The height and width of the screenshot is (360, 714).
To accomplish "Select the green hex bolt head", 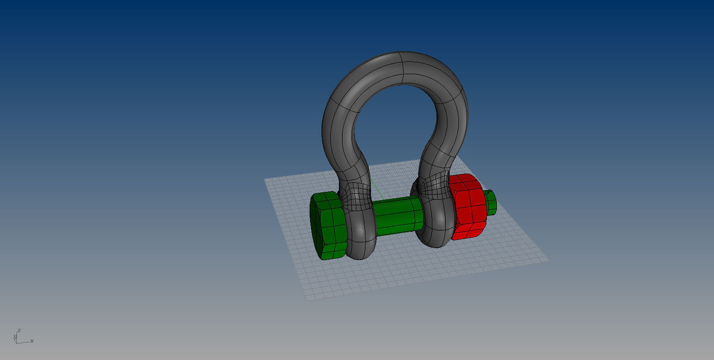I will pyautogui.click(x=328, y=227).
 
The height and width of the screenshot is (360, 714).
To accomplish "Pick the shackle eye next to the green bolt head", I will pyautogui.click(x=360, y=234).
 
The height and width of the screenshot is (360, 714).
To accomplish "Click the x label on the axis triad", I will pyautogui.click(x=32, y=341).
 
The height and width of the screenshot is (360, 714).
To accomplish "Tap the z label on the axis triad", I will pyautogui.click(x=19, y=330).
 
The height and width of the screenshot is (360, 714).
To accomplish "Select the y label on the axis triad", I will pyautogui.click(x=15, y=337).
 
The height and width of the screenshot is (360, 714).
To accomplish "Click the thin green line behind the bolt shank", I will pyautogui.click(x=376, y=188).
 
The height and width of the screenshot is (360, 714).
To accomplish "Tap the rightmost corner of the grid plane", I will pyautogui.click(x=548, y=260).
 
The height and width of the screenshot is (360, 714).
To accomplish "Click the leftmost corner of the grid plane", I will pyautogui.click(x=265, y=179).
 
